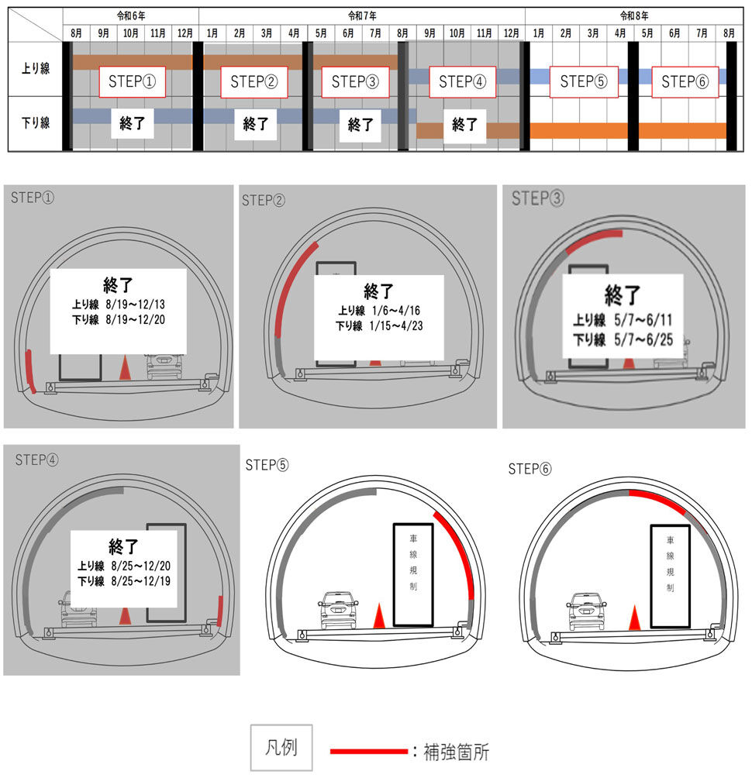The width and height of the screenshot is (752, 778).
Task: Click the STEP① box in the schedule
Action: pos(133,81)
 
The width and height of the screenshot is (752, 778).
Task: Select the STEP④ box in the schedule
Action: pos(462,81)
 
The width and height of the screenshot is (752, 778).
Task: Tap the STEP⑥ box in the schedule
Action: pos(685,81)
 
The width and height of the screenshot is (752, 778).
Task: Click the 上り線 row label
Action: pos(35,68)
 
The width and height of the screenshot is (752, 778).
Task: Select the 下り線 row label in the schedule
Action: pos(35,122)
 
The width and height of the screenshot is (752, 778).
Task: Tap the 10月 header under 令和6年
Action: pos(131,33)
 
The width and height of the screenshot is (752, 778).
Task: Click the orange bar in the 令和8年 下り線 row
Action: pos(628,130)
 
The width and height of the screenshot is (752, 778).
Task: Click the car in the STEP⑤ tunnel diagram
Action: pos(338,611)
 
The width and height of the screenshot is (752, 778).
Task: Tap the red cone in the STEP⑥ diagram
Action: pos(634,618)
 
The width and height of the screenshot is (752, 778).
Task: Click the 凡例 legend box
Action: pos(281,749)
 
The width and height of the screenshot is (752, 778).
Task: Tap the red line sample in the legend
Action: pos(368,751)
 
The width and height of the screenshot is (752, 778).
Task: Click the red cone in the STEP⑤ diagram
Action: pos(379,617)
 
